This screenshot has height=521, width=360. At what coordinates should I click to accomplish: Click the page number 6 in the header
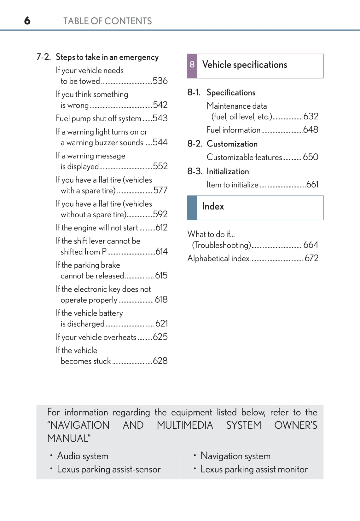click(27, 21)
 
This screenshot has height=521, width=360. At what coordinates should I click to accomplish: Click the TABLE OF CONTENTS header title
click(107, 21)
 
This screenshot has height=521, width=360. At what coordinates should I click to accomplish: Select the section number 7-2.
click(44, 57)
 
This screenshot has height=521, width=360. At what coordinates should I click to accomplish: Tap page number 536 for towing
click(160, 81)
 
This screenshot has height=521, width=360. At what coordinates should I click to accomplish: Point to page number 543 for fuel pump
click(160, 118)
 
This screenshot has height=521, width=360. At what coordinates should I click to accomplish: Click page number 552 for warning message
click(160, 166)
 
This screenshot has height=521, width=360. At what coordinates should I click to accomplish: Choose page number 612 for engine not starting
click(161, 227)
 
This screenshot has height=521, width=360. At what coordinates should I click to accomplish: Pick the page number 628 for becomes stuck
click(160, 361)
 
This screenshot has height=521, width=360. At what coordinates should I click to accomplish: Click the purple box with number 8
click(192, 66)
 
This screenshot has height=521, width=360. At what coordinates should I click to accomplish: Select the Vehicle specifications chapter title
click(245, 65)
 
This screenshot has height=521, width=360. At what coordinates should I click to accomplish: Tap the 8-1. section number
click(194, 92)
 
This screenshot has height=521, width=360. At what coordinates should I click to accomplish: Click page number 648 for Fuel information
click(311, 130)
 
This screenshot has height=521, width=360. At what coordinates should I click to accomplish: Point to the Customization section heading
click(232, 144)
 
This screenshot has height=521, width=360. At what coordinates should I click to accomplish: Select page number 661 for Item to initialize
click(312, 185)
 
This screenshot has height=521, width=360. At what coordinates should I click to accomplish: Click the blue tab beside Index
click(192, 208)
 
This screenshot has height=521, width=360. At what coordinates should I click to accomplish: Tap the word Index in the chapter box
click(213, 207)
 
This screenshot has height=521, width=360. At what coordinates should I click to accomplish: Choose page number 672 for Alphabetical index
click(311, 258)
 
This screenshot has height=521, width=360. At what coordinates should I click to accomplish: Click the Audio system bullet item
click(83, 456)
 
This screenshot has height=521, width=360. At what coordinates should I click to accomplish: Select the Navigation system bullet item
click(235, 456)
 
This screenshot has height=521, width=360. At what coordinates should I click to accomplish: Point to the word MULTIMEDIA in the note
click(185, 425)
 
